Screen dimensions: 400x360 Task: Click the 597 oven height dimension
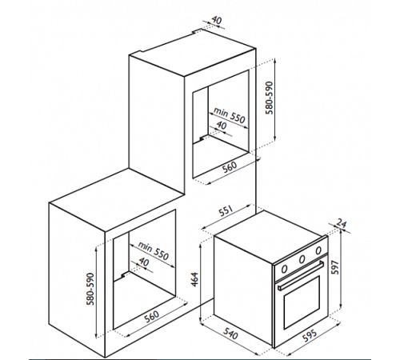pos(335,267)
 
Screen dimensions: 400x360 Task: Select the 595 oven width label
pos(310,335)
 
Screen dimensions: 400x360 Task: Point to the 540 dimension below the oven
pos(230,334)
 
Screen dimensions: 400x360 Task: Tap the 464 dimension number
pos(195,279)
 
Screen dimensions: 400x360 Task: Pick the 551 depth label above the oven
pos(226,211)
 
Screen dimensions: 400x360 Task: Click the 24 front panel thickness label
pos(342,223)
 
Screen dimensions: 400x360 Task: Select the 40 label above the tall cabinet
pos(217,21)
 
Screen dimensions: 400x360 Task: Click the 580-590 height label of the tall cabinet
pos(270,98)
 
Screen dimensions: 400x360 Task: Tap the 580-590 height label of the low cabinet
pos(90,289)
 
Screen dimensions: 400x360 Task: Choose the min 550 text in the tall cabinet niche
pos(229,116)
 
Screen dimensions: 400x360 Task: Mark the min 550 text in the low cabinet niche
pos(153,251)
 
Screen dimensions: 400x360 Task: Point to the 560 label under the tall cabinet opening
pos(229,167)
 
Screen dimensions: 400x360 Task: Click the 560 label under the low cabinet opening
pos(151,317)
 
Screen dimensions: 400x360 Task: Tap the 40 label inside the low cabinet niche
pos(144,262)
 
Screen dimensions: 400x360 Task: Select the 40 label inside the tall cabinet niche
pos(221,125)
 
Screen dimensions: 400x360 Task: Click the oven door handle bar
pos(301,276)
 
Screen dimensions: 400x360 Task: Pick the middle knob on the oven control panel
pos(302,258)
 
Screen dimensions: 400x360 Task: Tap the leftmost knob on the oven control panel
pos(285,269)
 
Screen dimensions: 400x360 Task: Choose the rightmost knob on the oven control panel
pos(318,250)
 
